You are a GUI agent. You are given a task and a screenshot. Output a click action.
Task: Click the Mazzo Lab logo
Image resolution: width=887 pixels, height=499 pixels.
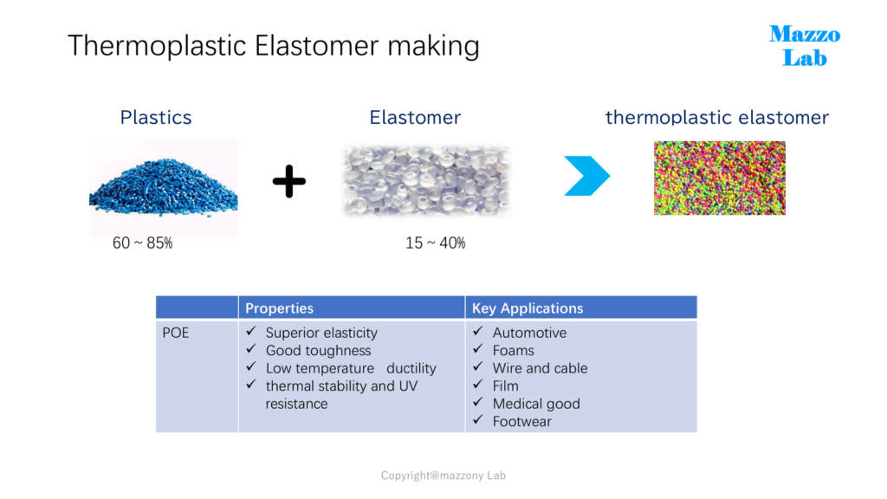805,46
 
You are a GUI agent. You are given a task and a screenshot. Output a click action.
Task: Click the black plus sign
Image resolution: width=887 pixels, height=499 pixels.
289,181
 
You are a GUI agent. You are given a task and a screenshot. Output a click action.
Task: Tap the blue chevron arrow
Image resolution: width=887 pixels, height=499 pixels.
587,176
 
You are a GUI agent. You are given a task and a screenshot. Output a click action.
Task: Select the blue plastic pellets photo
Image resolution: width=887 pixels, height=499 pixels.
164,188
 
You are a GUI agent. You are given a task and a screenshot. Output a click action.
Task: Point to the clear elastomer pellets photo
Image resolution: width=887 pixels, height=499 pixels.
426,181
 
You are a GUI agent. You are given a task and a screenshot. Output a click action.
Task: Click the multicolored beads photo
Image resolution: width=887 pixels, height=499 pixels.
720,178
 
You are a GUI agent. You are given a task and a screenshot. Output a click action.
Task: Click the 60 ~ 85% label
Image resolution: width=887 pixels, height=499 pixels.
143,243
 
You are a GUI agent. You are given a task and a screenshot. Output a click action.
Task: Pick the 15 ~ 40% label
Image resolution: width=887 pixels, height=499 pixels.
436,243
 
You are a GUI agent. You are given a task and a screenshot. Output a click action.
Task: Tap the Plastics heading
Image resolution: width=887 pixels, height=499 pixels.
156,117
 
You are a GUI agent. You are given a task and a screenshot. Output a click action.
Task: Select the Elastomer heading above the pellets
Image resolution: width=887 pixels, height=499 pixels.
415,117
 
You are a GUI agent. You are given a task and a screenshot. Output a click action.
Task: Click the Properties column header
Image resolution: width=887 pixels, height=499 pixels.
280,308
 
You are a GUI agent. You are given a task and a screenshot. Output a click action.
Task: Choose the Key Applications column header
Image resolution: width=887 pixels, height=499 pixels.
528,308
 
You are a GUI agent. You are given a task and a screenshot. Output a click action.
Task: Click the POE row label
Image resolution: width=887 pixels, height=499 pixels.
175,333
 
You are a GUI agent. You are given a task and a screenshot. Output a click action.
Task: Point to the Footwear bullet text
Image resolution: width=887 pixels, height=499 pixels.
521,422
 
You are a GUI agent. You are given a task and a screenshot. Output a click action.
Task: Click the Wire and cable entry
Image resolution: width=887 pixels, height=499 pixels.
540,368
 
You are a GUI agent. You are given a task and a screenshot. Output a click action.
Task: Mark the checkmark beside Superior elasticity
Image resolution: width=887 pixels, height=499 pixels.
252,331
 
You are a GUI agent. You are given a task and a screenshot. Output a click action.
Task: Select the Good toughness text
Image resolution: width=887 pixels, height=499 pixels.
319,351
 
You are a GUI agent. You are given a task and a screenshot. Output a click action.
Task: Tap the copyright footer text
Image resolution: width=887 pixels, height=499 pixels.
443,476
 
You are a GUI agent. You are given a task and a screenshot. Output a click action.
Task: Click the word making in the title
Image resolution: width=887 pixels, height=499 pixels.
433,46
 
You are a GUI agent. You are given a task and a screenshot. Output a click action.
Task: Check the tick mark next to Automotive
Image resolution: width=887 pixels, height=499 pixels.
478,331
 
